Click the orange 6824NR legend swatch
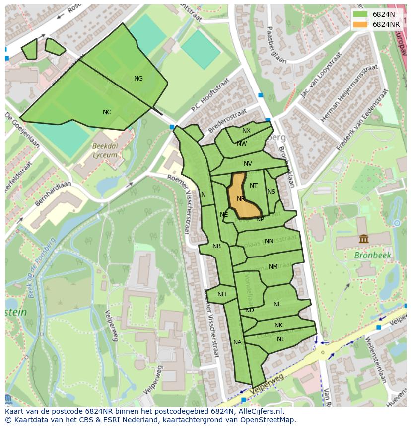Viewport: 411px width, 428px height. point(360,24)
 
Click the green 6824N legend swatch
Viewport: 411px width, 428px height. point(360,15)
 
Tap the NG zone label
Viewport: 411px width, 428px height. point(138,79)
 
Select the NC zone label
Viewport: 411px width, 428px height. point(107,112)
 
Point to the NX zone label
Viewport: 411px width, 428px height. point(246,131)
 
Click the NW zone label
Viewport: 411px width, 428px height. point(242,144)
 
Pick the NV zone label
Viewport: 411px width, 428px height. point(248,164)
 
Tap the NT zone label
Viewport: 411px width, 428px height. point(254,186)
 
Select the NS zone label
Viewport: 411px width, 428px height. point(271,192)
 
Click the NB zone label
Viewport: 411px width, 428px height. point(216,246)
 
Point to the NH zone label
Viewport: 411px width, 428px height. point(221,294)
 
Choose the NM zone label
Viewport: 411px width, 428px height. point(273,267)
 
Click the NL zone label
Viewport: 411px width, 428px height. point(277,304)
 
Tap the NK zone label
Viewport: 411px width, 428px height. point(278,325)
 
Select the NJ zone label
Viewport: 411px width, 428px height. point(280,339)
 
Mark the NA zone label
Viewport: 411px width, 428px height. point(237,342)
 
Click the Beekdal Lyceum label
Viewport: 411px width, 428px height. point(105,151)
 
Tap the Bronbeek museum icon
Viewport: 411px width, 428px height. point(364,239)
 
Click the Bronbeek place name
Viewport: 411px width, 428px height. point(373,256)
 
